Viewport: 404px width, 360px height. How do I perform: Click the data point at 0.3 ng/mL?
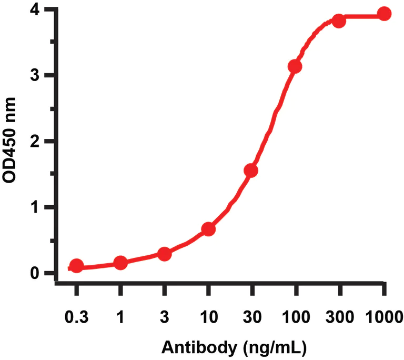click(x=76, y=266)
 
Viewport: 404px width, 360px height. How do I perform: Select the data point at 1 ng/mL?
click(x=120, y=262)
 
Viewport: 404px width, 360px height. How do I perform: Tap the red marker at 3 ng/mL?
click(x=164, y=254)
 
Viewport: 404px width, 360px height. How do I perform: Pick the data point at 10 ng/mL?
click(x=208, y=229)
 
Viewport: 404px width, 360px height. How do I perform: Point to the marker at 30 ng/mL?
click(x=251, y=171)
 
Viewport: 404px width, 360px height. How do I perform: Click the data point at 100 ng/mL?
click(x=295, y=66)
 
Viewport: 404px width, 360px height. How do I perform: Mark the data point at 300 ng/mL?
click(x=339, y=21)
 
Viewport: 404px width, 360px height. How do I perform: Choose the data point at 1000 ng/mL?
click(x=385, y=14)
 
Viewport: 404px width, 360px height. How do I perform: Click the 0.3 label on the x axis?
click(x=76, y=318)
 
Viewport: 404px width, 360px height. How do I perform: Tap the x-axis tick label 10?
click(x=208, y=318)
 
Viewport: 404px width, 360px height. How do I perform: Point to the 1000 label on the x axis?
click(x=385, y=318)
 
